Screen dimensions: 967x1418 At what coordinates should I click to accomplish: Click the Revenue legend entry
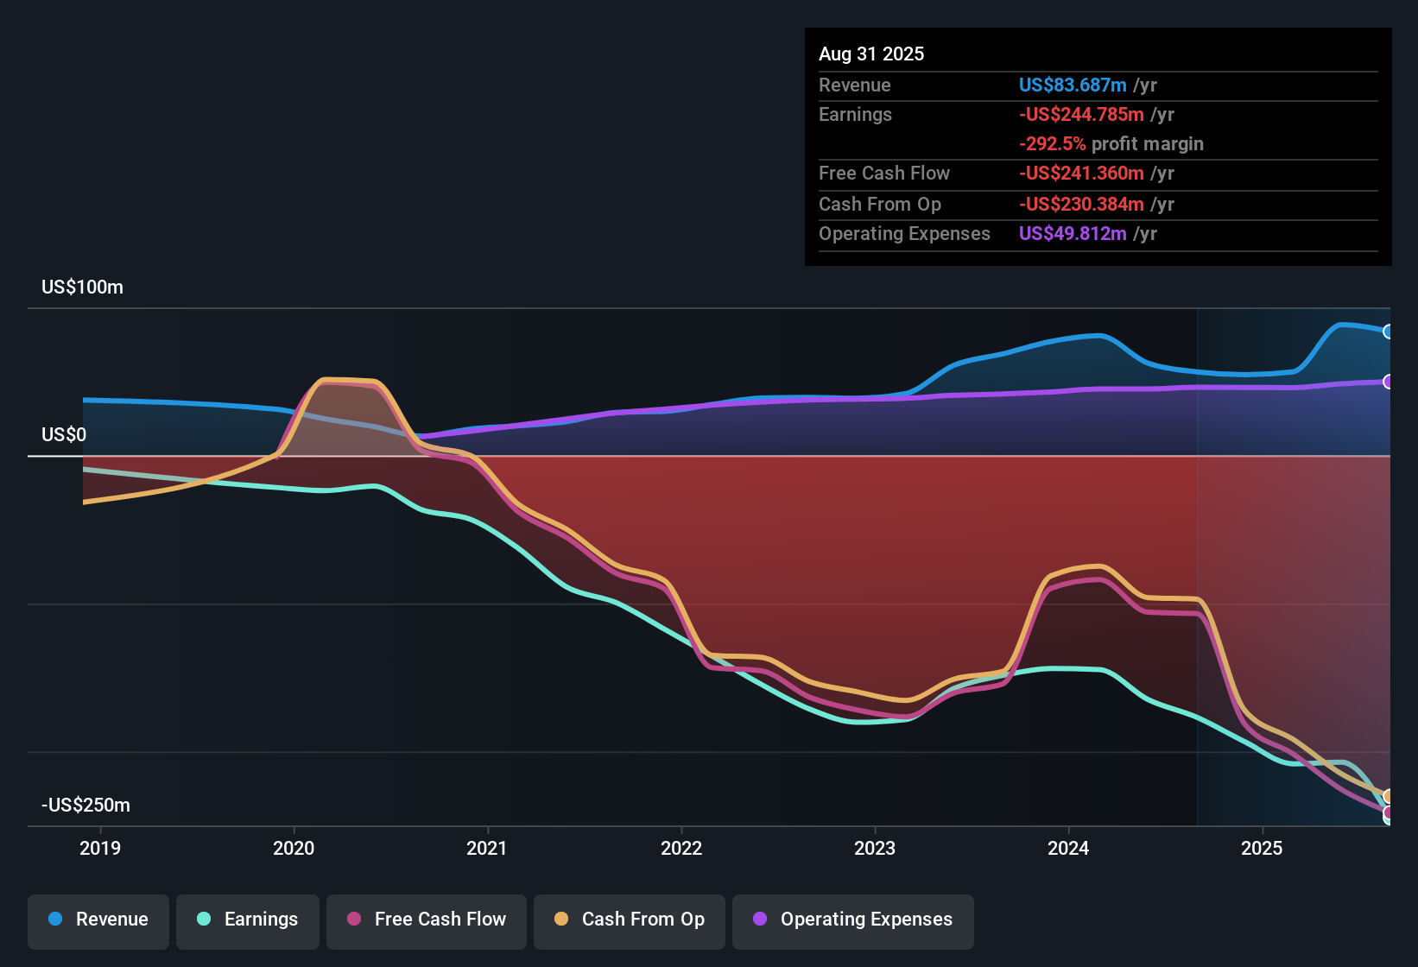(x=98, y=920)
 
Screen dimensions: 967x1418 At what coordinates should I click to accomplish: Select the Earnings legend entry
(x=248, y=920)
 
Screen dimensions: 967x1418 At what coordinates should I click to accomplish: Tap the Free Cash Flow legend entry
(x=427, y=920)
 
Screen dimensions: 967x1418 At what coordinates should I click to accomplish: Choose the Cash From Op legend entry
(x=630, y=920)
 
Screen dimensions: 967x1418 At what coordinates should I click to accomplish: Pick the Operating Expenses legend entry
(x=853, y=920)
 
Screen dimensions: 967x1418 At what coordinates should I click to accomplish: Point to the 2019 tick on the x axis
(x=100, y=848)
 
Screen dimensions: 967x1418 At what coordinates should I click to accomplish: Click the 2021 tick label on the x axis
(x=487, y=848)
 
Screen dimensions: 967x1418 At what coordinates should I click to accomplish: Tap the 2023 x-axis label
(x=875, y=848)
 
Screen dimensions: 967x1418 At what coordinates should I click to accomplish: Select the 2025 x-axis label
(x=1262, y=848)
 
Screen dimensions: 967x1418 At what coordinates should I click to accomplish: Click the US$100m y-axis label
(x=82, y=288)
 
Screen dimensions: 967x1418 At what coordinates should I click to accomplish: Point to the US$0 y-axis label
(x=64, y=435)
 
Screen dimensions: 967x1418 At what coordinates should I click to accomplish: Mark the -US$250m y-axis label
(x=85, y=806)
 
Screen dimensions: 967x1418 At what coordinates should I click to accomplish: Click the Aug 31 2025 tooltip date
(x=871, y=54)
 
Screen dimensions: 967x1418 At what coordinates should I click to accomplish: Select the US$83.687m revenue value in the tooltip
(x=1073, y=85)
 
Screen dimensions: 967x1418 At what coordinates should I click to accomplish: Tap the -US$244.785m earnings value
(x=1081, y=115)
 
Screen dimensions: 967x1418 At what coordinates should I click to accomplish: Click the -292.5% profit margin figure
(x=1052, y=144)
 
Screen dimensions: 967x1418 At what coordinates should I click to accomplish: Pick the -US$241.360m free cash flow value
(x=1081, y=174)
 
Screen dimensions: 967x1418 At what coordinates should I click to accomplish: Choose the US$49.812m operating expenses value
(x=1073, y=234)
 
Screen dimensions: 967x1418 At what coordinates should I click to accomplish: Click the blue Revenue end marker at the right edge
(x=1388, y=332)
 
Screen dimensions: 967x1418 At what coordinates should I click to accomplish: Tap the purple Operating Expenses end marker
(x=1388, y=382)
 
